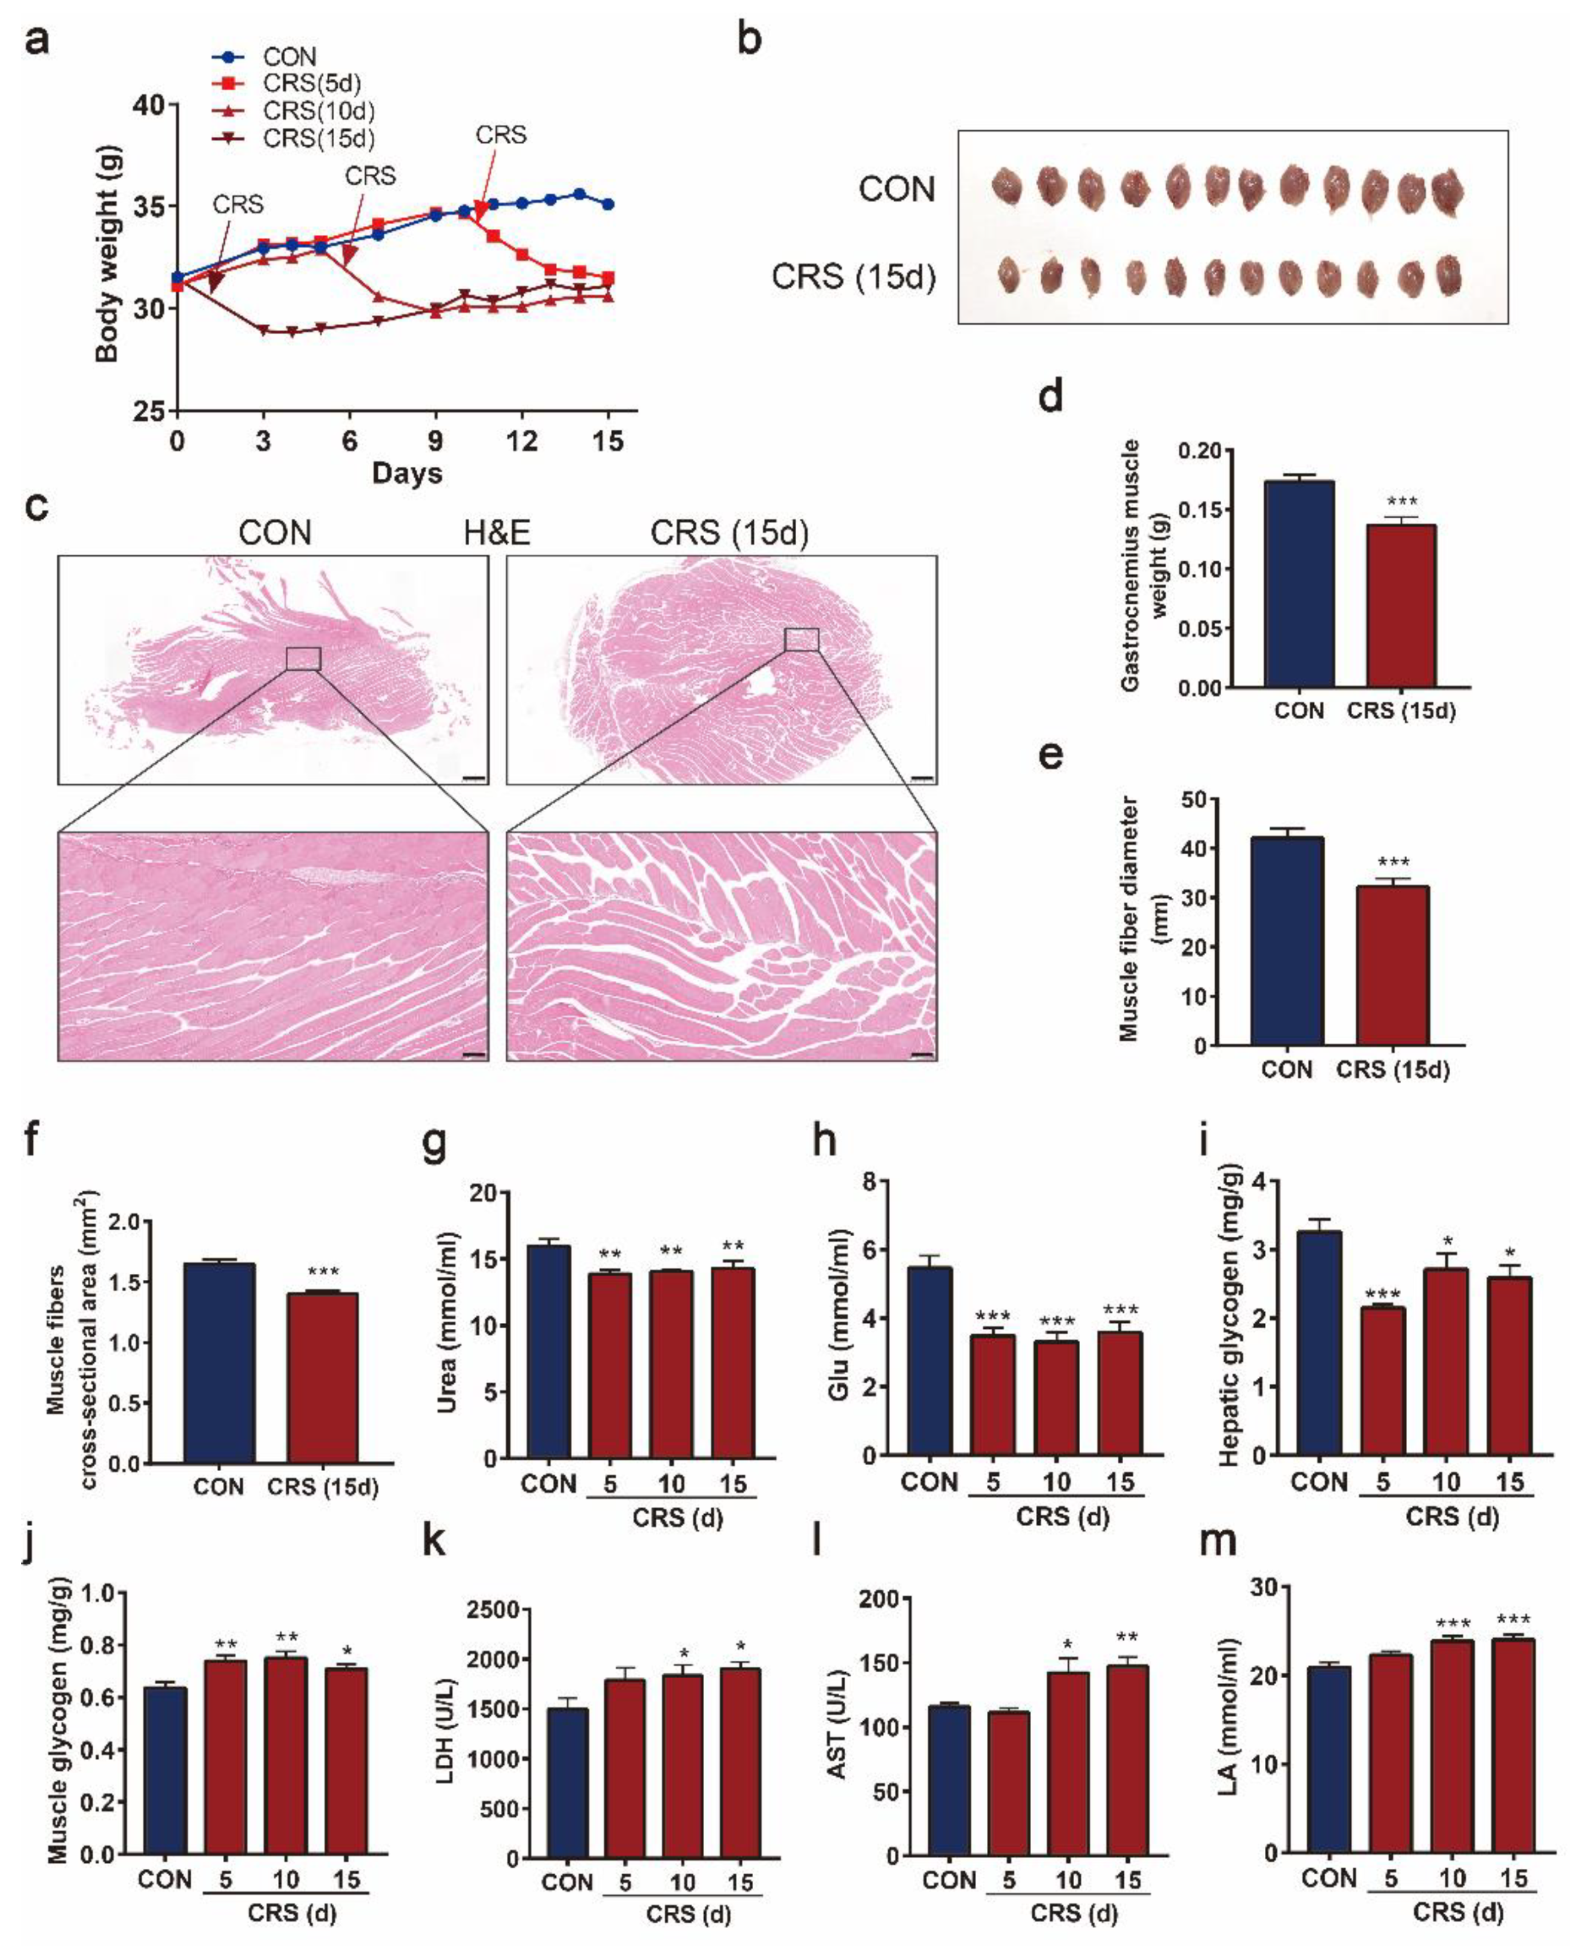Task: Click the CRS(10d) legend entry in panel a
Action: (318, 110)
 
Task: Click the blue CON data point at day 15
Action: (609, 205)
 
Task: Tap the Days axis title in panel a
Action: (407, 472)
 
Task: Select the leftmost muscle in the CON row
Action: (1006, 187)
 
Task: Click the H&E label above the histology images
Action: (496, 533)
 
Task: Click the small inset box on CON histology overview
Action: (303, 659)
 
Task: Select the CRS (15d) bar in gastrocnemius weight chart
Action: (1401, 606)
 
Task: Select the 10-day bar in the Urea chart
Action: (671, 1364)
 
